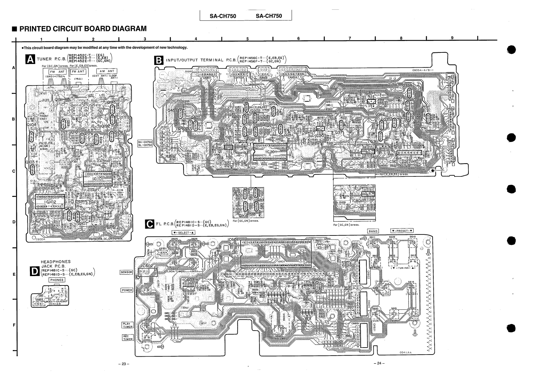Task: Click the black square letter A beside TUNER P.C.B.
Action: pyautogui.click(x=31, y=60)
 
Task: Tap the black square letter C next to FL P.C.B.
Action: pyautogui.click(x=149, y=224)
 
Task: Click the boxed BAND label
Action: pyautogui.click(x=373, y=231)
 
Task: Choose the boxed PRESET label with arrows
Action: pyautogui.click(x=402, y=231)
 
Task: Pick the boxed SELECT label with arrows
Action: pyautogui.click(x=183, y=232)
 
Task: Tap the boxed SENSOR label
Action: pyautogui.click(x=126, y=272)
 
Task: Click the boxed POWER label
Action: pyautogui.click(x=127, y=290)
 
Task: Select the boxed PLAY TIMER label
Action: pyautogui.click(x=127, y=325)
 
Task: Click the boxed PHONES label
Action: pyautogui.click(x=57, y=280)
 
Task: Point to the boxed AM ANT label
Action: pyautogui.click(x=107, y=71)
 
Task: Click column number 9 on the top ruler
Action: pyautogui.click(x=452, y=38)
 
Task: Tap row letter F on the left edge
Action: pyautogui.click(x=14, y=325)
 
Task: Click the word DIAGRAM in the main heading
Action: pyautogui.click(x=125, y=28)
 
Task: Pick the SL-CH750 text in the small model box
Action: pyautogui.click(x=145, y=145)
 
